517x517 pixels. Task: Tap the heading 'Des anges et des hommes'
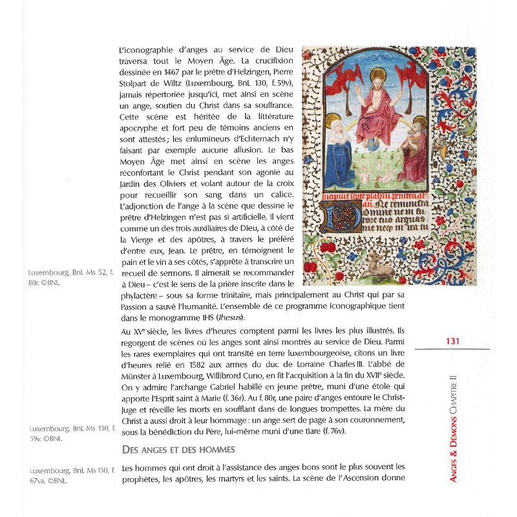[178, 448]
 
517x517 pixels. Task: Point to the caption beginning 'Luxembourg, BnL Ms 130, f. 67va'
[64, 475]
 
